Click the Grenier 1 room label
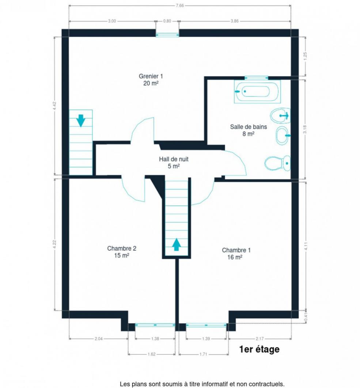pos(151,80)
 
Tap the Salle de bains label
pos(248,130)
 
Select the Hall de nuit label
pos(174,163)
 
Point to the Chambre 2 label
pos(122,252)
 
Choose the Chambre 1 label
pos(236,254)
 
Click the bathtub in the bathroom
pos(257,91)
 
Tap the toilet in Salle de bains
pos(277,163)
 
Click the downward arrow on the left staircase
pos(81,121)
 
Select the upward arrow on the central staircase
pos(176,244)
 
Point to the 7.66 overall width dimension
pos(180,5)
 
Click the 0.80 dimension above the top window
pos(167,21)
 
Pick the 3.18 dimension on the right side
pos(305,129)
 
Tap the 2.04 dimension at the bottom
pos(98,339)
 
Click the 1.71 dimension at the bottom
pos(203,354)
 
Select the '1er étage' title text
pos(259,349)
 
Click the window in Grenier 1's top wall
pos(167,35)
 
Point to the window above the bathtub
pos(256,78)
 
